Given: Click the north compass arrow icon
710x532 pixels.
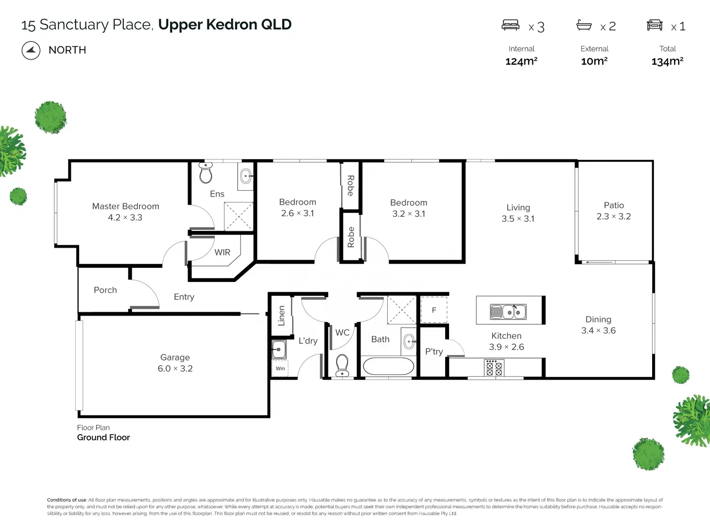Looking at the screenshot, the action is click(31, 51).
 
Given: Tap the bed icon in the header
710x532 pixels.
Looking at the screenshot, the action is click(510, 25).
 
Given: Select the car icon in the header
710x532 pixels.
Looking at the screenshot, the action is click(655, 25).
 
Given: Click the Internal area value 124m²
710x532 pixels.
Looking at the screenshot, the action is click(521, 61).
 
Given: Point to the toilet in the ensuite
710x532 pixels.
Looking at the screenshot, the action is click(206, 173).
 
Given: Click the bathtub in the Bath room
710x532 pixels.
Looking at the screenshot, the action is click(388, 366).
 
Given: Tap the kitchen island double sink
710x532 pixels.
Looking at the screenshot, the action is click(508, 312).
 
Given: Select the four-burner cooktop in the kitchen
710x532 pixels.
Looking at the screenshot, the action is click(494, 368).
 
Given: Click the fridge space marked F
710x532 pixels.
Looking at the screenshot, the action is click(434, 310).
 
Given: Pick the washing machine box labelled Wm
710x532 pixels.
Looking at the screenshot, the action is click(280, 368).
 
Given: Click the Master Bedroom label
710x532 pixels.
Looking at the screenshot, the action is click(125, 206).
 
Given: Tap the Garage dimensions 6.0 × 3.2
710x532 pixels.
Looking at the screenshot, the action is click(175, 369).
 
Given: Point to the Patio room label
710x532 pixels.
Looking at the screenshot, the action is click(614, 205).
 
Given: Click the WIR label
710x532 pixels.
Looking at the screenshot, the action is click(222, 253).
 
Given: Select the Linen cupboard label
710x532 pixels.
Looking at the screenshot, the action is click(281, 316).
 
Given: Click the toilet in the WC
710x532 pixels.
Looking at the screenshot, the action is click(342, 365).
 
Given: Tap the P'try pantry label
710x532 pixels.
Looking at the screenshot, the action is click(434, 351).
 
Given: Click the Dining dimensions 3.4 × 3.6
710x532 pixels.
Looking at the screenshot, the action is click(599, 331).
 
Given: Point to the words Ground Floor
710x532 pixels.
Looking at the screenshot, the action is click(103, 438).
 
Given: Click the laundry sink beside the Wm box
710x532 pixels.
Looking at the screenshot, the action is click(279, 349).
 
